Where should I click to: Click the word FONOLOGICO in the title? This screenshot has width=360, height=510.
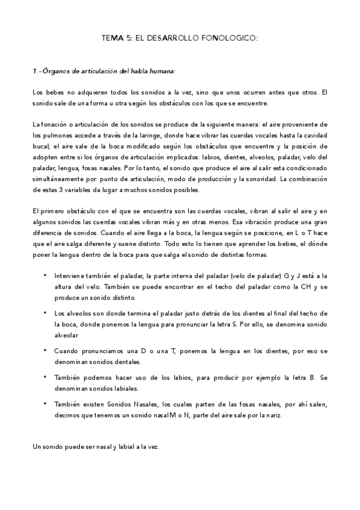click(x=231, y=38)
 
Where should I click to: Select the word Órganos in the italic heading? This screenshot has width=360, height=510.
click(x=55, y=71)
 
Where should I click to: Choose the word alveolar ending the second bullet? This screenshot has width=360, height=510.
click(x=66, y=335)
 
